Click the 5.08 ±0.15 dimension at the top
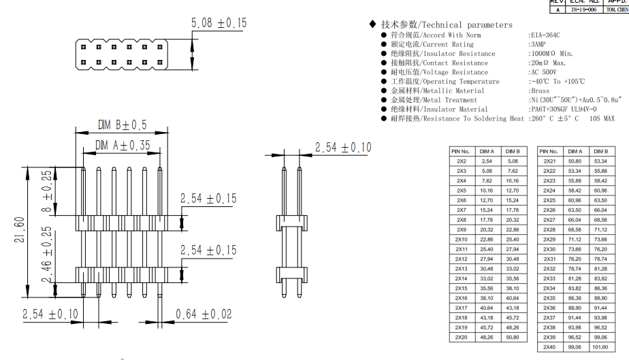coord(219,23)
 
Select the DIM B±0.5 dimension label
coord(122,125)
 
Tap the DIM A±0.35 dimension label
coord(123,145)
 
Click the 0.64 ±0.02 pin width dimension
coord(204,314)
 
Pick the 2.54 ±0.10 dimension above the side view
coord(343,148)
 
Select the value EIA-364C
coord(545,35)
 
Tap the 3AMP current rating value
coord(539,44)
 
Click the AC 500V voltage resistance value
coord(543,72)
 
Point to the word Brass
coord(540,91)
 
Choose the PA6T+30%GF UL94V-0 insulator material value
coord(564,109)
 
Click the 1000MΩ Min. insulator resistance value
coord(551,53)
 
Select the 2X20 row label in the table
coord(462,338)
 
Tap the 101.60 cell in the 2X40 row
coord(600,347)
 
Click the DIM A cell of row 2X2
coord(487,161)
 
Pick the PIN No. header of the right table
coord(549,151)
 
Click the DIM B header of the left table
coord(513,151)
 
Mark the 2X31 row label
coord(549,259)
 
